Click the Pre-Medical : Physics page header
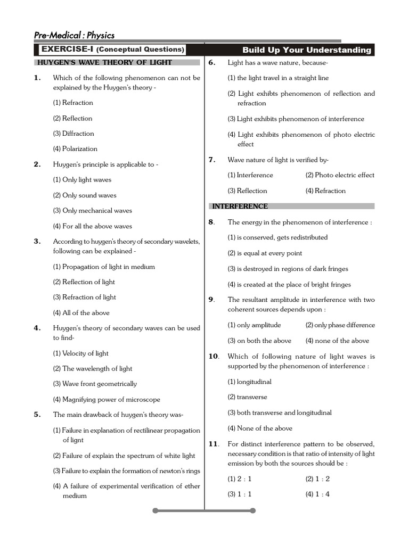74,36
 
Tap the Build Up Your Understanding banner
307,50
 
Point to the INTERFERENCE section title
240,207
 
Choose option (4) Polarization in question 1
75,149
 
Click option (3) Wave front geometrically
94,384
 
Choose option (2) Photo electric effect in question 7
340,175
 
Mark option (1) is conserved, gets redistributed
277,237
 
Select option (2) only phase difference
340,325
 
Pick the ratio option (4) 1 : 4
317,494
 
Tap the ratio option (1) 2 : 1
240,478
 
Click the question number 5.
37,415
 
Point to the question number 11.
214,444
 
